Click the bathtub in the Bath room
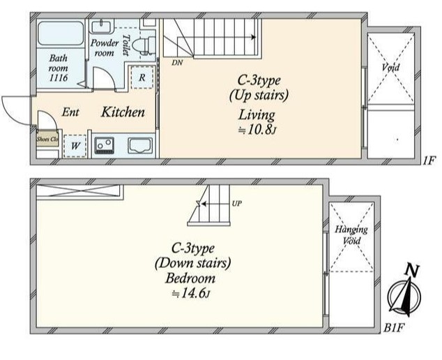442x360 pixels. (61, 33)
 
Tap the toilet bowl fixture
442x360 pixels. (144, 45)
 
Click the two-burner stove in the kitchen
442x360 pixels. (105, 145)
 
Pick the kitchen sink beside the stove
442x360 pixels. (140, 145)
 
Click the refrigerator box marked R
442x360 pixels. (142, 77)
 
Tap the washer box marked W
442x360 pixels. (75, 146)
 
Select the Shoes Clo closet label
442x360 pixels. (47, 139)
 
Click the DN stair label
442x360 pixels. (177, 63)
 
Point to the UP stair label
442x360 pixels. (237, 203)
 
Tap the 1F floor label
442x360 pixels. (429, 161)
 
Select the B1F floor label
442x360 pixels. (394, 328)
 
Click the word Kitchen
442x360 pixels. (123, 112)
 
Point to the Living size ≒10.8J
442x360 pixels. (257, 130)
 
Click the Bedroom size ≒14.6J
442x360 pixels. (191, 294)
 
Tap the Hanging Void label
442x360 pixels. (351, 235)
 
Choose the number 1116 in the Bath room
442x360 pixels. (59, 78)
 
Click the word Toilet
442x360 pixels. (126, 45)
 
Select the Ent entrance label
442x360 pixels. (70, 112)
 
